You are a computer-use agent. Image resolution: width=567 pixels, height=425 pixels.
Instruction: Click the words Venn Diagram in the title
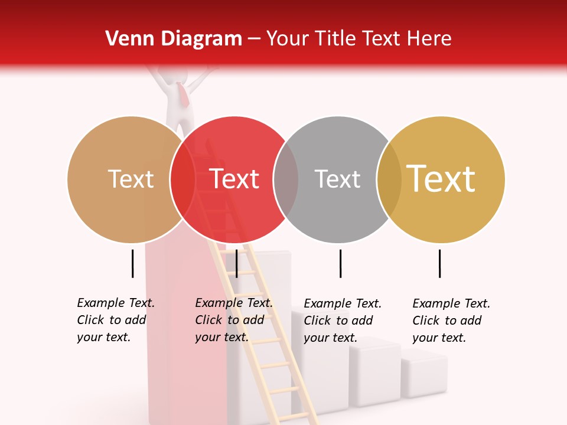coord(174,39)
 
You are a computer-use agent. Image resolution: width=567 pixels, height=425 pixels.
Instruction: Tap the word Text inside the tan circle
coord(131,179)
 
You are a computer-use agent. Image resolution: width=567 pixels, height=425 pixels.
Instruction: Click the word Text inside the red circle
coord(234,179)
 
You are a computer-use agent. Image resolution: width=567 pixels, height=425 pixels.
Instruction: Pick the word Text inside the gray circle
coord(337,179)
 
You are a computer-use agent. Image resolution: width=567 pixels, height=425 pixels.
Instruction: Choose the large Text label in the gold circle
coord(441,179)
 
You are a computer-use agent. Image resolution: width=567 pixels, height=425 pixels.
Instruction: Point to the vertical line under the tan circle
coord(132,263)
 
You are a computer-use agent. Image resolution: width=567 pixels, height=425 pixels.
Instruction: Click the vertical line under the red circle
coord(236,263)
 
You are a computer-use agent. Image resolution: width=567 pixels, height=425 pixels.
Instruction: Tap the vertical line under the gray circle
coord(340,263)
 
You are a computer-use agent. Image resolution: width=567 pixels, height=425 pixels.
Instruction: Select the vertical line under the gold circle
coord(439,263)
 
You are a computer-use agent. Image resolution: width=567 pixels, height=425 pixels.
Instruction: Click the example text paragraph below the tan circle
coord(116,320)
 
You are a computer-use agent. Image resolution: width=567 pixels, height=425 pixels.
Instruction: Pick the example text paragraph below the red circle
coord(234,320)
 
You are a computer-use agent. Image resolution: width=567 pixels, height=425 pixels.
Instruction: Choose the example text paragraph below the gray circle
coord(343,321)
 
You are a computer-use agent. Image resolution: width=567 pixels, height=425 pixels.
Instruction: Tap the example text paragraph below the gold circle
coord(451,321)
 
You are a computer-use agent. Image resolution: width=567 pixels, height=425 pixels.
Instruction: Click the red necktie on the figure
coord(184,94)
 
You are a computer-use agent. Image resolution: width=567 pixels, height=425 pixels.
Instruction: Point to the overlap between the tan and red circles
coord(183,179)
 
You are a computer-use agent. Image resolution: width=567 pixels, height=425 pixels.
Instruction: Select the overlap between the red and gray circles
coord(286,179)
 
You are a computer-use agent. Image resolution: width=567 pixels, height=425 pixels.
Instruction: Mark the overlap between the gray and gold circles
coord(389,179)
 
